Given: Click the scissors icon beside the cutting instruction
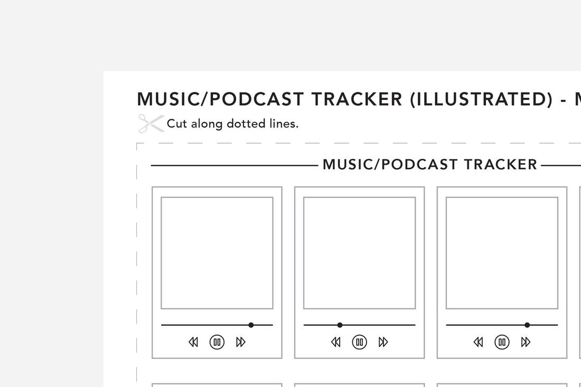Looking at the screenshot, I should point(151,124).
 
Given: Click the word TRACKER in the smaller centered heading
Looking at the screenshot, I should point(501,165).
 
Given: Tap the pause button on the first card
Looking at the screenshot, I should point(217,342).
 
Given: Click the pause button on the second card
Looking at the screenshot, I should point(360,342).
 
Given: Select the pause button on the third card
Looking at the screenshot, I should point(502,342).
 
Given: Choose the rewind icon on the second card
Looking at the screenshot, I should point(336,342).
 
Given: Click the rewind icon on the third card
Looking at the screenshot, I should point(479,342).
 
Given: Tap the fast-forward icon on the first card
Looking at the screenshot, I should point(241,342).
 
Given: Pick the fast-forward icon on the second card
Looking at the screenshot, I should point(383,342).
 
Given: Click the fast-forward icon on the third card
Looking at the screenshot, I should point(526,342).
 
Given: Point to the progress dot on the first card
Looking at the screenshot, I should point(251,325).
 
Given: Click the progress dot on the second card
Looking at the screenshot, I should point(340,325).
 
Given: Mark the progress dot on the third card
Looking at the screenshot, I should point(527,325).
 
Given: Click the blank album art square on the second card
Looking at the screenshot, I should point(360,253).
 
